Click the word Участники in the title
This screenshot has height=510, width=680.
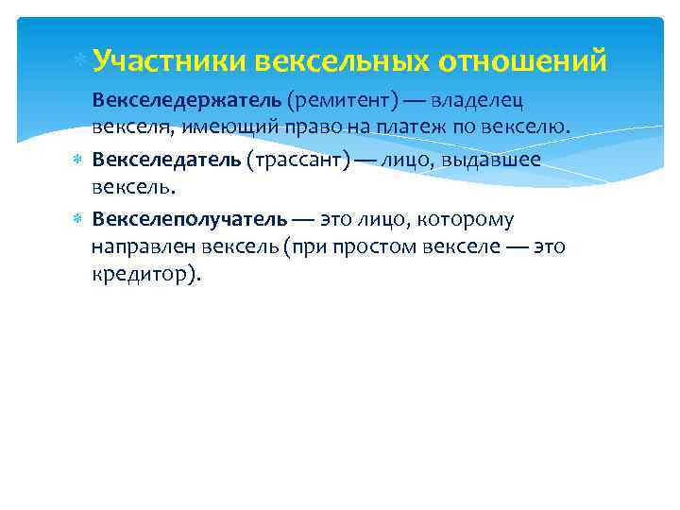coord(170,62)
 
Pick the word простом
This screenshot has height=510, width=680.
coord(413,247)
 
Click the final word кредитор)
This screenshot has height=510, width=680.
coord(146,275)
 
